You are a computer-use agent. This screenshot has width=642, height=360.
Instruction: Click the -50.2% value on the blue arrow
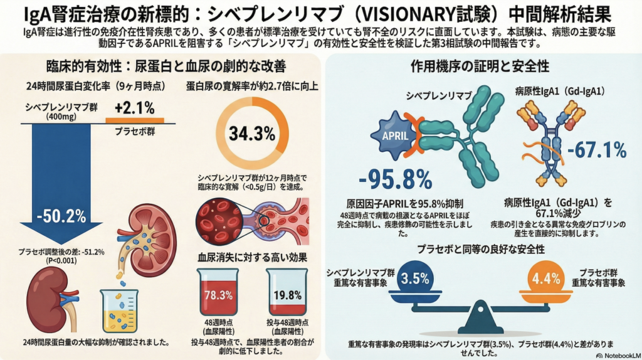click(61, 217)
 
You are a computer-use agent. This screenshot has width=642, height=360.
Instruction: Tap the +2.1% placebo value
click(134, 108)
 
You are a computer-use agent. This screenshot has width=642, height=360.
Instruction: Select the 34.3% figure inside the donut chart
click(252, 134)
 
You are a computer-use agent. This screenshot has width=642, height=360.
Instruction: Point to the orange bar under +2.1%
click(134, 120)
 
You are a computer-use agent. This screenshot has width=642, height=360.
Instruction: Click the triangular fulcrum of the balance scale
click(481, 317)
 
